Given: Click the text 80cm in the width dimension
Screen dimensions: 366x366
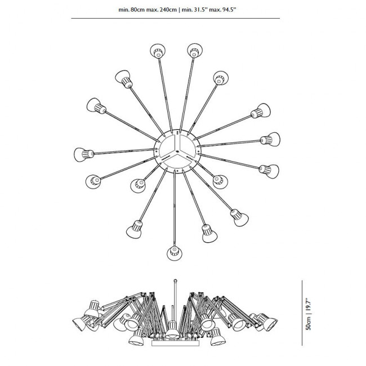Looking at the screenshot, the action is click(138, 10).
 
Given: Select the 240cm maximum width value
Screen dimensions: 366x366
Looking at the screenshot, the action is click(168, 10).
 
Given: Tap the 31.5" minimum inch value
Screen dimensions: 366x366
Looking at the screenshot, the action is click(199, 10).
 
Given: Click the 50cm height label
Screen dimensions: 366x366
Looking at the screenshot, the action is click(309, 324).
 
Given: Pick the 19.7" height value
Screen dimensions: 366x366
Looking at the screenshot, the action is click(309, 306).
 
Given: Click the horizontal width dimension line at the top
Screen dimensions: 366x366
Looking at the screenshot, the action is click(176, 18).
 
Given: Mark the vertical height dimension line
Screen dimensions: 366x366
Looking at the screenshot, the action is click(302, 313).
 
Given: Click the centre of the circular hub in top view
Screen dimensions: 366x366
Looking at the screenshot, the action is click(177, 151).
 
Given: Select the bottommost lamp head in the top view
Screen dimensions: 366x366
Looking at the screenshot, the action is click(175, 253).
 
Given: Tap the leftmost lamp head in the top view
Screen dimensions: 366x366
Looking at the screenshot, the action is click(83, 154).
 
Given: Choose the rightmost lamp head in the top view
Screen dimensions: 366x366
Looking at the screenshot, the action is click(270, 139).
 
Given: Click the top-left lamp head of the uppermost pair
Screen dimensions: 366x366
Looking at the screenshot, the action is click(158, 51).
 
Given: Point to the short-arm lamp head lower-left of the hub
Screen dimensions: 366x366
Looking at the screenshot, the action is click(138, 185).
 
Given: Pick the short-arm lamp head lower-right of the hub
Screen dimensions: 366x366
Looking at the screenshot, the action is click(220, 181).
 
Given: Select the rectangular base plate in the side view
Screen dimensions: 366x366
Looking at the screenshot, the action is click(175, 343).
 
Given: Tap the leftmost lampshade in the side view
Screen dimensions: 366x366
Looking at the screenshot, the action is click(79, 324).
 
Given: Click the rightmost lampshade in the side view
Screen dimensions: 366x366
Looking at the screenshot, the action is click(270, 324).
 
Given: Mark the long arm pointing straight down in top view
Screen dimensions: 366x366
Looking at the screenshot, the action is click(175, 208).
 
